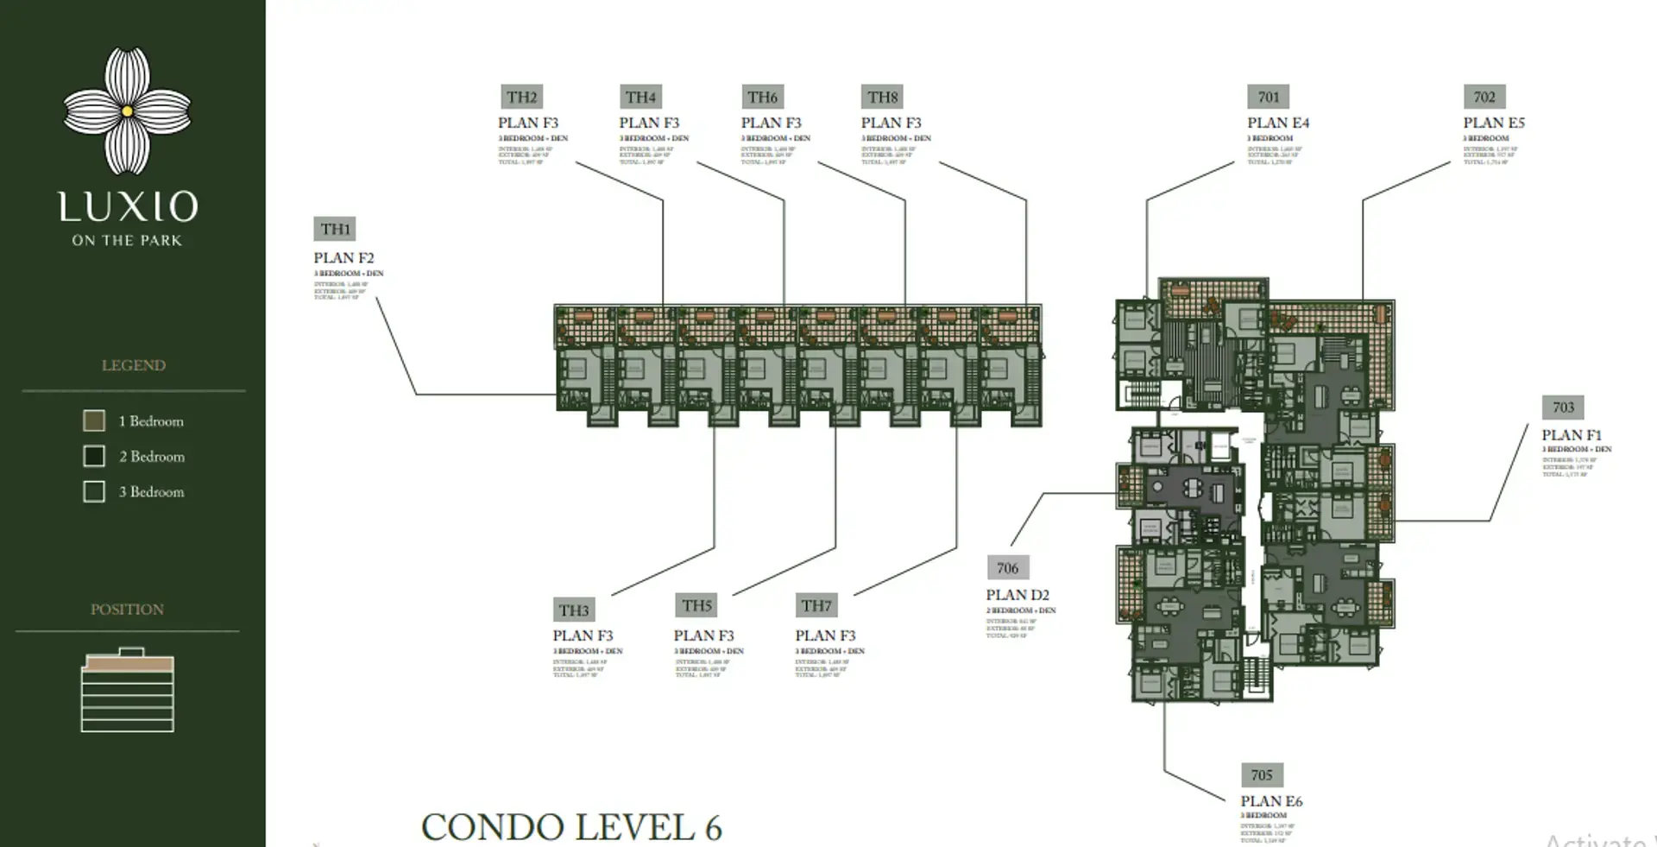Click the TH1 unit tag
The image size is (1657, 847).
[335, 229]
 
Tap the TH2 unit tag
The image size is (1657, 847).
[521, 98]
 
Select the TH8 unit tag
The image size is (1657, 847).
[883, 98]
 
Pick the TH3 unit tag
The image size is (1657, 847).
[573, 610]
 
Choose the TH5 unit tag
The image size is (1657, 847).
[696, 605]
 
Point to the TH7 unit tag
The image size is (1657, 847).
[816, 605]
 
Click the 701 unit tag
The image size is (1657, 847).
[1268, 97]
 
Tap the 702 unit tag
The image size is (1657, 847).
[1484, 97]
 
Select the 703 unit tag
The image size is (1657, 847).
[1563, 408]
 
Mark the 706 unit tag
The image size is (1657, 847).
[1007, 568]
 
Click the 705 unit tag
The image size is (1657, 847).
[1262, 775]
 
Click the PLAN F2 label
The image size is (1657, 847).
[343, 257]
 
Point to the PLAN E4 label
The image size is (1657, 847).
[1278, 123]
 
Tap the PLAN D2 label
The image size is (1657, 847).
[1018, 595]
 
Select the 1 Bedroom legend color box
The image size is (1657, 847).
[94, 420]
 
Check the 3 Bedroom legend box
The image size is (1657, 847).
[94, 491]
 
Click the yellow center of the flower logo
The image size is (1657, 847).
[128, 111]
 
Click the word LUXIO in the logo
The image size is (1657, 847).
[128, 207]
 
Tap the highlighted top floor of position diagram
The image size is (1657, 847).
[128, 664]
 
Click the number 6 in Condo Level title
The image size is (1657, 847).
[713, 828]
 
